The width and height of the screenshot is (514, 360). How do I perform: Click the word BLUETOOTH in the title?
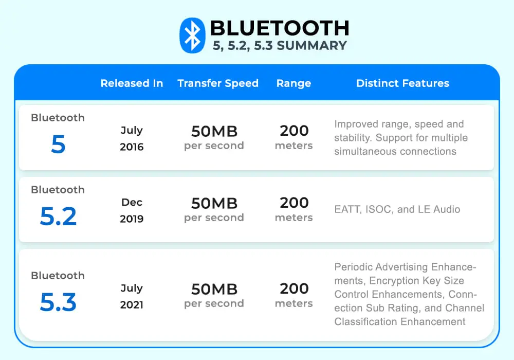pos(280,28)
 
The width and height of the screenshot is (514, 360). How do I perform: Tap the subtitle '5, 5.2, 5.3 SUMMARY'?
pos(280,46)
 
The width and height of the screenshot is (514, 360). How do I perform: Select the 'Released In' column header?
pos(132,83)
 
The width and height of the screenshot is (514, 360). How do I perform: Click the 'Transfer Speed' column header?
pos(218,83)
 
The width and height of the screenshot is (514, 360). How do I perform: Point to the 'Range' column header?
pos(293,83)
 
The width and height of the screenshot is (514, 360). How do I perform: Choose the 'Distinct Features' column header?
pos(402,83)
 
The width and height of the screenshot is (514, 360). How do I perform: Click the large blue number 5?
pos(58,145)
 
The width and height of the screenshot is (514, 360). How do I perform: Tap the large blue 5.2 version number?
pos(58,217)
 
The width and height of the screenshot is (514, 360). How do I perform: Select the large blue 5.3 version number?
pos(58,303)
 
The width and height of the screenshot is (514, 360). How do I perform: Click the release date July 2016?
pos(132,138)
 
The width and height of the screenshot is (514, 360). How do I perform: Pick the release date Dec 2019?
pos(132,210)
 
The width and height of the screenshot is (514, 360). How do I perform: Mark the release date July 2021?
pos(132,296)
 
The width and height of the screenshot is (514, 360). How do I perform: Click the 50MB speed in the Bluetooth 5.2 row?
pos(214,204)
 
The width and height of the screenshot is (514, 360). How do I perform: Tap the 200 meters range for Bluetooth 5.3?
pos(294,295)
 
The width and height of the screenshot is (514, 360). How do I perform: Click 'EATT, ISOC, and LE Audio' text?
pos(397,209)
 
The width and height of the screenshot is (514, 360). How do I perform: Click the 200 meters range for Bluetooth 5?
pos(294,137)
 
